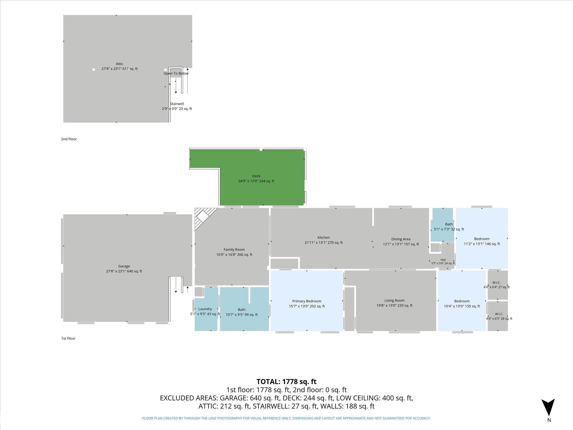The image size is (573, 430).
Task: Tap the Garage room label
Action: click(124, 266)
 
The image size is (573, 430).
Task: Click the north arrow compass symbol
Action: click(548, 407)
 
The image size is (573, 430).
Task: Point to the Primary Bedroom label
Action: click(307, 301)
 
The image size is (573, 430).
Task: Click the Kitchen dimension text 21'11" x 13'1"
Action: click(315, 243)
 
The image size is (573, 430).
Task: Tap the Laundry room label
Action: click(205, 309)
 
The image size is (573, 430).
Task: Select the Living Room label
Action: click(394, 300)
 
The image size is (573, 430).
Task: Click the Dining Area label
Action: click(401, 239)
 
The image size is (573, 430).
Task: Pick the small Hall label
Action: click(443, 260)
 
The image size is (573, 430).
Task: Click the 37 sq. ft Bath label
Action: click(449, 224)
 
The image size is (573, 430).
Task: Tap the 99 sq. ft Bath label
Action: click(241, 310)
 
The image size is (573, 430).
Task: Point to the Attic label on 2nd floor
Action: click(119, 64)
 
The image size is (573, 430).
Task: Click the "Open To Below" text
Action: click(176, 73)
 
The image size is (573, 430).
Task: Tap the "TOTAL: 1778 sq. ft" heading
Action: click(286, 382)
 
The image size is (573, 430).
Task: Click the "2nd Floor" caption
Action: click(69, 139)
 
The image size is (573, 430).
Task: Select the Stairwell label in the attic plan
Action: click(177, 104)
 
